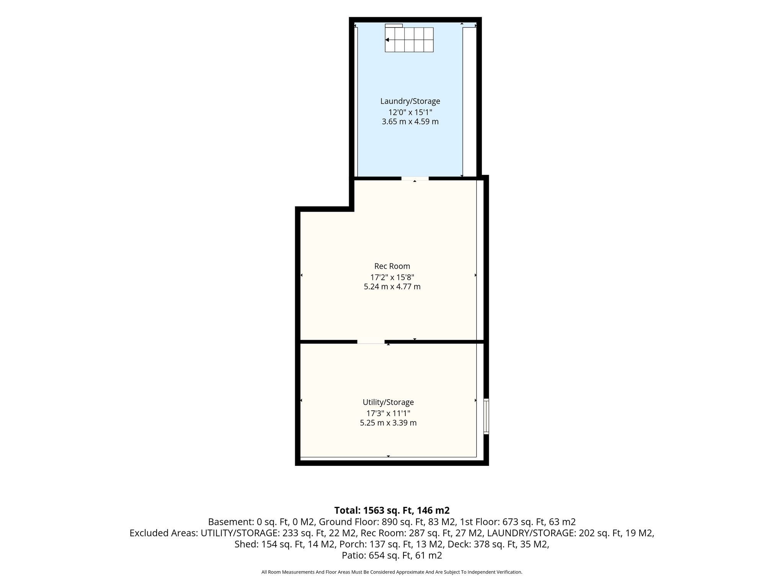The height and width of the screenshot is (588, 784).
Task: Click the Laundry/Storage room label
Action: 410,101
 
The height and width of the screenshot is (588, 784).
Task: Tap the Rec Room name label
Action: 392,266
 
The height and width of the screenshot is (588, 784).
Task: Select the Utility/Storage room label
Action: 388,402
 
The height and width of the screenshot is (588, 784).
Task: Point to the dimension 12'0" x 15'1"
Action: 410,112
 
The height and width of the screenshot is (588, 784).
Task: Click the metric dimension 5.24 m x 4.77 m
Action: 392,286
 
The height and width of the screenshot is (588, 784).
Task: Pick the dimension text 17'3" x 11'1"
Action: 388,413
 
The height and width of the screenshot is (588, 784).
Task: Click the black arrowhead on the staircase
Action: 387,40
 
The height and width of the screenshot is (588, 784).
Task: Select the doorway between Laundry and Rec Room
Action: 415,178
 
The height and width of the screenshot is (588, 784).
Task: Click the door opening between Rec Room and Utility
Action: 371,341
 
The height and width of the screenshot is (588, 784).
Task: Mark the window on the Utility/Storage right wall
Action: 486,416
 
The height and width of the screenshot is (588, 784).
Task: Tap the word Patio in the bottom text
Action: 354,555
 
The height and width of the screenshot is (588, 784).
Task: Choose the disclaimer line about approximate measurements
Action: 392,572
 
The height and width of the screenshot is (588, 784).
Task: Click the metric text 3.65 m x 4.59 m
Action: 410,122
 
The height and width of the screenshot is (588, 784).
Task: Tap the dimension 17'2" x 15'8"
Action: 392,277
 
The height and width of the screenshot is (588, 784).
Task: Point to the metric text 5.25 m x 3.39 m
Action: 388,423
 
